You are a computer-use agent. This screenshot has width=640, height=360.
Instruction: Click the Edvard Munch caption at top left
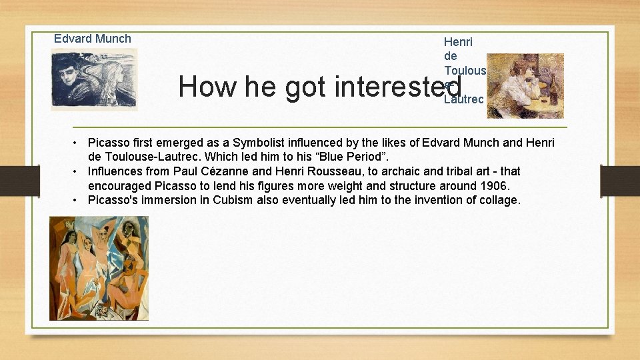93,39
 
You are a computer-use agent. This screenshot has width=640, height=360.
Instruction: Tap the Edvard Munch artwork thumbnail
94,79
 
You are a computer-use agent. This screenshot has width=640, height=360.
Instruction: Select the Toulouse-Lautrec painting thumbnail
525,86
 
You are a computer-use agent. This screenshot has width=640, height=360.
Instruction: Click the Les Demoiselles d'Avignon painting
99,268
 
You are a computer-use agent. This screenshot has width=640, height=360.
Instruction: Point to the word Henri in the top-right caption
458,42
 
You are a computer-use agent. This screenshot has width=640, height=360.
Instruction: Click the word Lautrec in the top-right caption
463,99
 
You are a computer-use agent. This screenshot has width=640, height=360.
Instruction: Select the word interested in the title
398,87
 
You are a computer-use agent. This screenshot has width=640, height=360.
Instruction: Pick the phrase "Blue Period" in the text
351,157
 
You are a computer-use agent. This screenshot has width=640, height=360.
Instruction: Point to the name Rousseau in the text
316,171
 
